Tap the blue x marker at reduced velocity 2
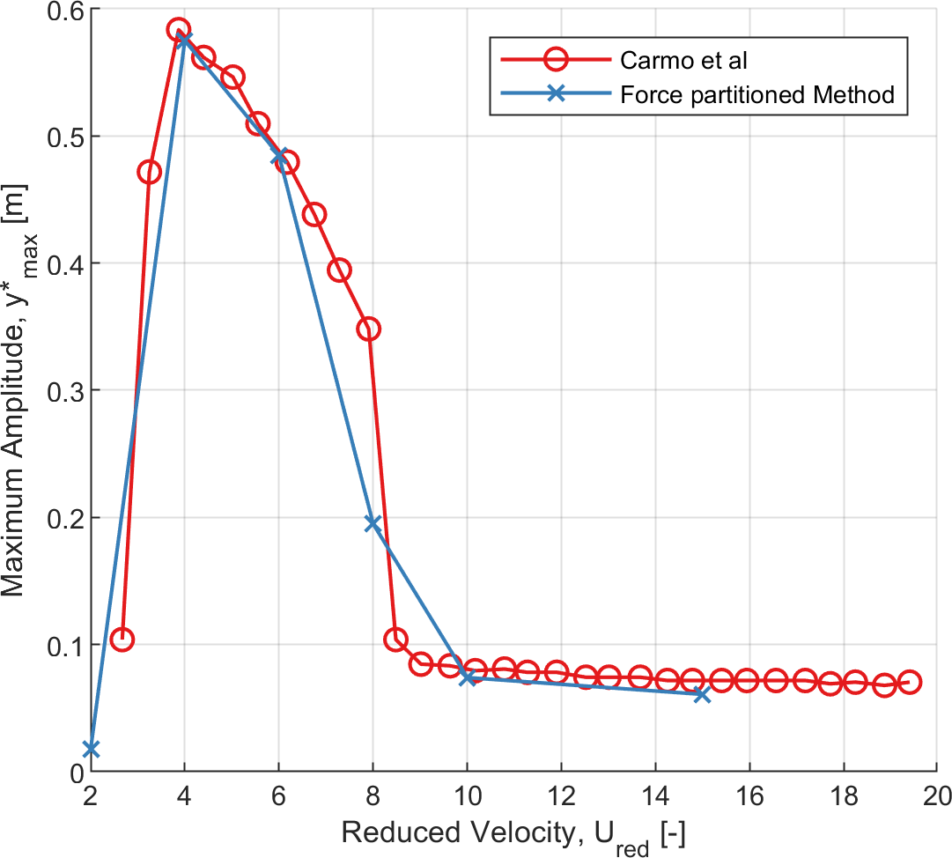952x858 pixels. [91, 749]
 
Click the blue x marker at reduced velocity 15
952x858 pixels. [702, 694]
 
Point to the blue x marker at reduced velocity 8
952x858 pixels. [373, 523]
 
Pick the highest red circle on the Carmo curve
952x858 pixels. [179, 30]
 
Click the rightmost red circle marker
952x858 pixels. [910, 682]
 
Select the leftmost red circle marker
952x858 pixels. [122, 640]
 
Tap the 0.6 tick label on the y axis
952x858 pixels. [63, 11]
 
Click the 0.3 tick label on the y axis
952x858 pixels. [63, 391]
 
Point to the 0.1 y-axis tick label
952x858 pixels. [63, 645]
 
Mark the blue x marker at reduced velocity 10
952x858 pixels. [468, 677]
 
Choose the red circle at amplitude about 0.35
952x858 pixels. [368, 329]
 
